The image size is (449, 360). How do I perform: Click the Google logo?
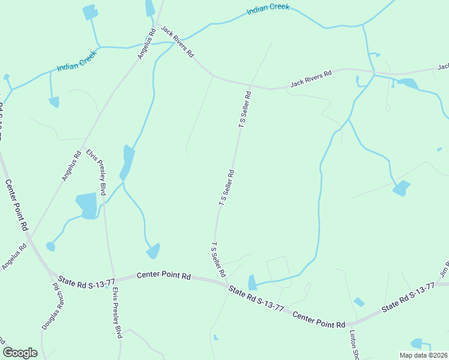pyautogui.click(x=20, y=353)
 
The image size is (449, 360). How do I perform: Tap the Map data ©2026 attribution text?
pyautogui.click(x=423, y=355)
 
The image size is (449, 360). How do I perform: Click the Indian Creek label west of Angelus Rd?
pyautogui.click(x=77, y=61)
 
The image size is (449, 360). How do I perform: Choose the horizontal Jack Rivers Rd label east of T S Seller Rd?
pyautogui.click(x=311, y=79)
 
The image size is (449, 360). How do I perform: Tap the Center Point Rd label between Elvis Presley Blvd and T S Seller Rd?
pyautogui.click(x=163, y=276)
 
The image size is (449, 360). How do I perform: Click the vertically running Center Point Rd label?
pyautogui.click(x=17, y=205)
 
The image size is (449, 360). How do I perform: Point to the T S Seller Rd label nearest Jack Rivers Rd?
pyautogui.click(x=245, y=109)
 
